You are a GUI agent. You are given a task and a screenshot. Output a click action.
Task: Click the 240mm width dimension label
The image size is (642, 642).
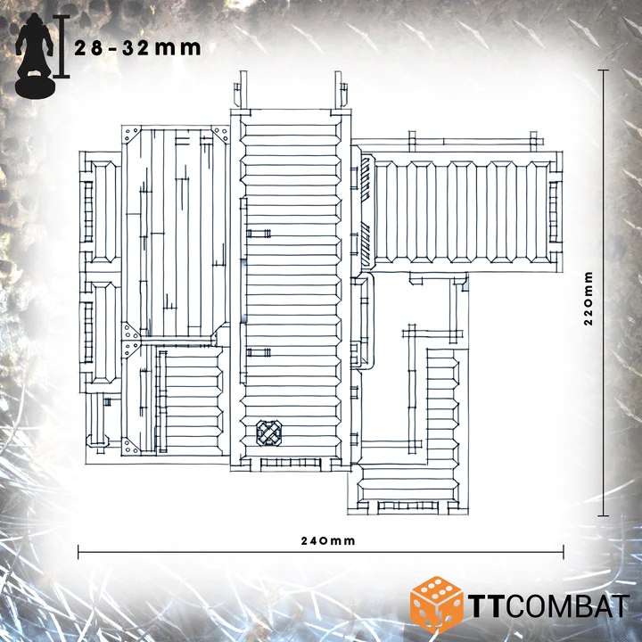click(328, 541)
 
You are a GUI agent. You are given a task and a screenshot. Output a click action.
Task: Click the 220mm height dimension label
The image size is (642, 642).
click(588, 298)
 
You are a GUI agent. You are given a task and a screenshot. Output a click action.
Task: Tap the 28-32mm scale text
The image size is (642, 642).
click(137, 48)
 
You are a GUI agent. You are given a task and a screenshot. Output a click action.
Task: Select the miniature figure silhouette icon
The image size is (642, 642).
click(35, 55)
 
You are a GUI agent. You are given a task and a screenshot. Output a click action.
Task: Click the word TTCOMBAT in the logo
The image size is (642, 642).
click(549, 605)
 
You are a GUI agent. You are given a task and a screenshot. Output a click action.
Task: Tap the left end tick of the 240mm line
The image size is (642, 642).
click(78, 552)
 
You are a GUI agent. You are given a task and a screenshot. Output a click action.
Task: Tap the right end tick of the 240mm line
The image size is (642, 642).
click(564, 552)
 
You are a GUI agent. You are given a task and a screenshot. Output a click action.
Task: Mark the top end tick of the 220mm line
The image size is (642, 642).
click(603, 70)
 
